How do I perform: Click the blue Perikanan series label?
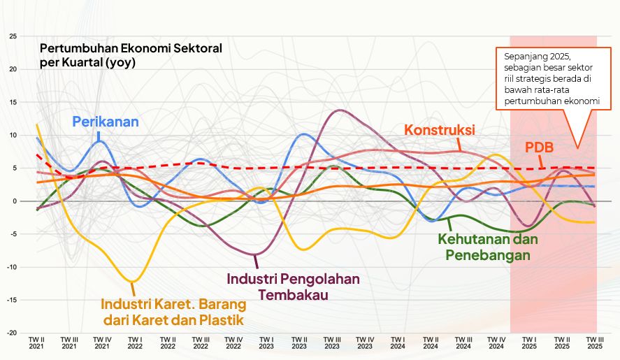106,121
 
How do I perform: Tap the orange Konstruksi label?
440,130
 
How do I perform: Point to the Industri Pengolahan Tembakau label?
294,286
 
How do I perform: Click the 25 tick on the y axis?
12,36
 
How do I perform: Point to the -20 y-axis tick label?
10,333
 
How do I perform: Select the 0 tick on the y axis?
13,201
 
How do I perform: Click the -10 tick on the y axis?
10,267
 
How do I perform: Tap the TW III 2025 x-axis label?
595,343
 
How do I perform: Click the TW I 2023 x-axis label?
266,343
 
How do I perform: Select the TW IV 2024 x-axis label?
496,343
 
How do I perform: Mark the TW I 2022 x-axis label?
134,343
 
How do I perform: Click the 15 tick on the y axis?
12,102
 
